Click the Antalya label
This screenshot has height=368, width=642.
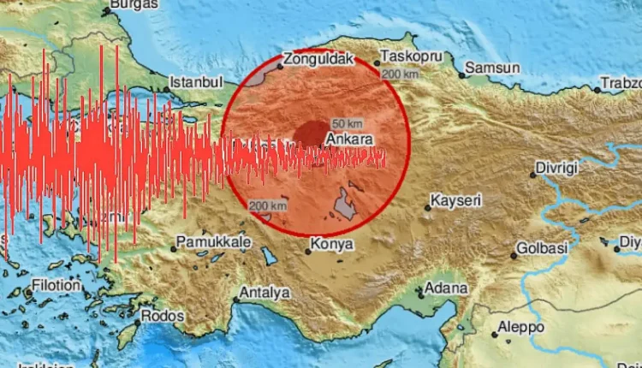(x=265, y=292)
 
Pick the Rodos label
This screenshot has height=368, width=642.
(x=163, y=315)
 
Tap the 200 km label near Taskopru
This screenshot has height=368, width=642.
(x=401, y=75)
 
